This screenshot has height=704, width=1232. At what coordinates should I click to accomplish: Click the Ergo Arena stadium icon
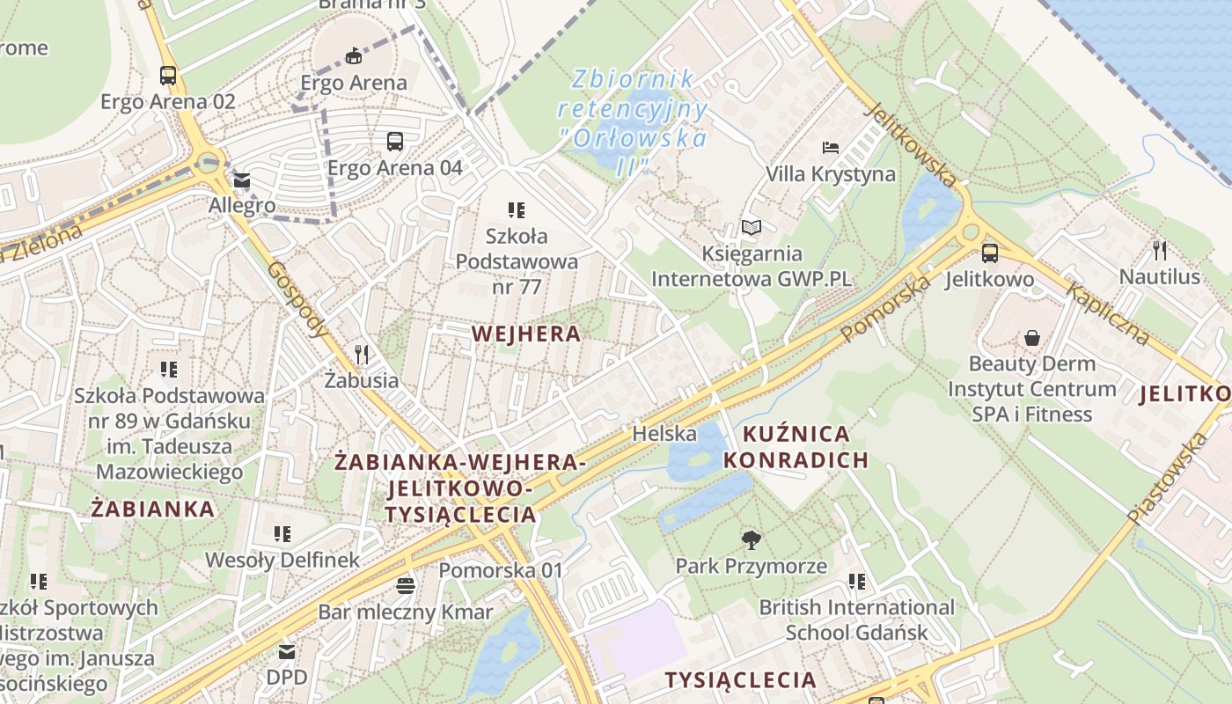(353, 56)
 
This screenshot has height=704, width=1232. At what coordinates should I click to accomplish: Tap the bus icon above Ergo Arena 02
(168, 75)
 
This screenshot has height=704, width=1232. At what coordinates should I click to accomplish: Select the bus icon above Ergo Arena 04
(395, 141)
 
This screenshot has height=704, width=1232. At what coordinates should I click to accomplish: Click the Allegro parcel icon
(241, 181)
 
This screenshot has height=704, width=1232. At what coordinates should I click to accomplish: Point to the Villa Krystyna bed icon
(830, 147)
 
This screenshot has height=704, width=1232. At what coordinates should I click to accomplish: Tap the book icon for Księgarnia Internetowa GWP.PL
(751, 228)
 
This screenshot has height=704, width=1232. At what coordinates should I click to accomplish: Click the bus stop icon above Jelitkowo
(990, 253)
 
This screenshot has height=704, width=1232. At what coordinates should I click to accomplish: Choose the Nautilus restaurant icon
(1160, 251)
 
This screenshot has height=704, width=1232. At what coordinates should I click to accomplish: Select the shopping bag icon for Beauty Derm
(1031, 338)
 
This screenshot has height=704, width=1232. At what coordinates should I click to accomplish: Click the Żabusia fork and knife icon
(362, 355)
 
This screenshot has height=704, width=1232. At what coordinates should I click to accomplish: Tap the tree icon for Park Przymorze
(751, 539)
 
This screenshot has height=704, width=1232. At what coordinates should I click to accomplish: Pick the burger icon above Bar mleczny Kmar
(405, 585)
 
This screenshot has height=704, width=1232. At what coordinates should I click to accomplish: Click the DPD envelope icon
(287, 652)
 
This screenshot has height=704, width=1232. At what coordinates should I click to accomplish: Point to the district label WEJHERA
(526, 334)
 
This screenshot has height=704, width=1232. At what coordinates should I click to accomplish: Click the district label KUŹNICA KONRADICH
(796, 447)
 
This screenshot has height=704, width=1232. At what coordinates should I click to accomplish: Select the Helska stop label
(664, 433)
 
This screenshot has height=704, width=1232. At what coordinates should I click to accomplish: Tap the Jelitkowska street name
(911, 145)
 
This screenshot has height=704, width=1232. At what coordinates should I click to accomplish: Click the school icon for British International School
(856, 581)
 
